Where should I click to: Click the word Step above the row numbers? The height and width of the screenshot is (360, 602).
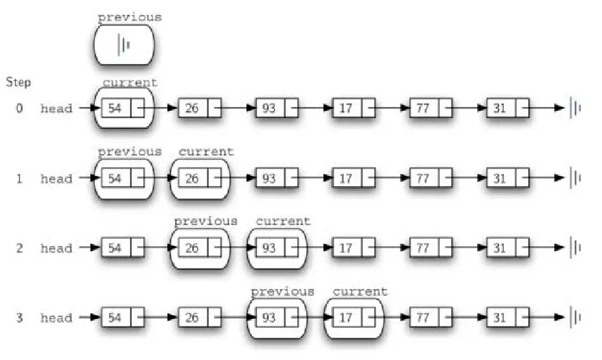[x=18, y=82]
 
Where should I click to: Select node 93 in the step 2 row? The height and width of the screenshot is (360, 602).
[x=269, y=248]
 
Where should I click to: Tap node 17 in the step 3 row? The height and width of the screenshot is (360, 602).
[x=346, y=318]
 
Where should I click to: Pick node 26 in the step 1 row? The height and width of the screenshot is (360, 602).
[x=192, y=179]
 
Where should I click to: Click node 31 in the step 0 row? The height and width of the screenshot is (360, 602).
[x=500, y=108]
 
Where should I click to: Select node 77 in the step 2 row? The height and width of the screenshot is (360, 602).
[x=423, y=248]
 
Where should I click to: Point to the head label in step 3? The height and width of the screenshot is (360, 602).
[x=56, y=318]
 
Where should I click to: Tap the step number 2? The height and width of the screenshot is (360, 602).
[x=20, y=249]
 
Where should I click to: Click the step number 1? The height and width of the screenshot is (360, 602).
[x=20, y=179]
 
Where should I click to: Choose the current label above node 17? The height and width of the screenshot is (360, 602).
[x=360, y=291]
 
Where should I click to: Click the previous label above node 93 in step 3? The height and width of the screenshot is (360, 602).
[x=282, y=291]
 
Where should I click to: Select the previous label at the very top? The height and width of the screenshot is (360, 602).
[x=130, y=17]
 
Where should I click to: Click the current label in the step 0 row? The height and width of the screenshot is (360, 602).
[x=130, y=82]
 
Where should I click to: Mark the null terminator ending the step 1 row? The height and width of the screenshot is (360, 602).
[x=575, y=179]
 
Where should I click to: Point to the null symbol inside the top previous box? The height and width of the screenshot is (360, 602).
[x=124, y=45]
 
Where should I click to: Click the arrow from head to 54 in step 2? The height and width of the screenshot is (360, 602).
[x=90, y=248]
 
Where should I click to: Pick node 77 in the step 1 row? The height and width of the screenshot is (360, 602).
[x=423, y=179]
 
